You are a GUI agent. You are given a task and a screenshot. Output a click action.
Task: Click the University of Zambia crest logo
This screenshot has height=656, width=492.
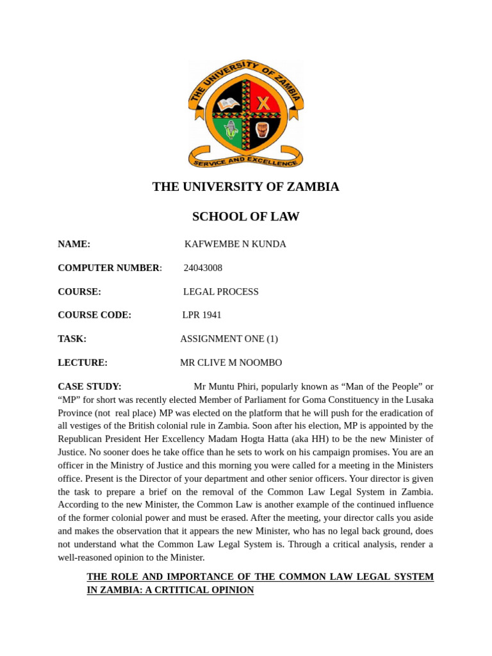point(245,114)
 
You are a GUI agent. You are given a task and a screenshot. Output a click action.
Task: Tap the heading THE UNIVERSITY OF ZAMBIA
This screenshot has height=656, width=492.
point(245,187)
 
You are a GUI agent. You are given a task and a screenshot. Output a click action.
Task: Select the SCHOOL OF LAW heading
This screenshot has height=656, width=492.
point(245,217)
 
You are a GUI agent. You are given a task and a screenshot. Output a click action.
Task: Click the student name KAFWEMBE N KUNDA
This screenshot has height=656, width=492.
point(235,244)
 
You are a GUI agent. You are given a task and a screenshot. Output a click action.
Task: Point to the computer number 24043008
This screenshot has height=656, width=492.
point(203,268)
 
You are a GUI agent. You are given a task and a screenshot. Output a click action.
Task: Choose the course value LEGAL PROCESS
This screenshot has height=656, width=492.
point(221,291)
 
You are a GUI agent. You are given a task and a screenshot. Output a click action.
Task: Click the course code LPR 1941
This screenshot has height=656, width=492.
point(202,315)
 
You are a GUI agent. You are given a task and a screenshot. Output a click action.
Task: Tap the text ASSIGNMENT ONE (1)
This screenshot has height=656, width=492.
point(229,339)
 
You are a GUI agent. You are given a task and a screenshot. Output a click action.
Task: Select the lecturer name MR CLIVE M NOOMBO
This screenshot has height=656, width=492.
point(231,363)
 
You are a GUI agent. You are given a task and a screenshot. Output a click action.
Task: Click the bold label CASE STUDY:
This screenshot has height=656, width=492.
point(90,386)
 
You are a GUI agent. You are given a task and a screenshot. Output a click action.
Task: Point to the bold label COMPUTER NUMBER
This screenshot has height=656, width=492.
point(108,268)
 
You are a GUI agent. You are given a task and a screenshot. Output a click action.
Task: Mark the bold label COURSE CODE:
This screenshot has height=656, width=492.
point(94,315)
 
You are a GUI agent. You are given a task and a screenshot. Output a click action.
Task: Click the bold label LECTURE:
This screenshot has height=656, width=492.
point(83,363)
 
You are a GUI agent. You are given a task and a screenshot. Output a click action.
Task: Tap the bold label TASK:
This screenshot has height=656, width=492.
point(72,339)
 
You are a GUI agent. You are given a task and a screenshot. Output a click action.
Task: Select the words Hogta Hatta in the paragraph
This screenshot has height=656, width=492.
point(335,439)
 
